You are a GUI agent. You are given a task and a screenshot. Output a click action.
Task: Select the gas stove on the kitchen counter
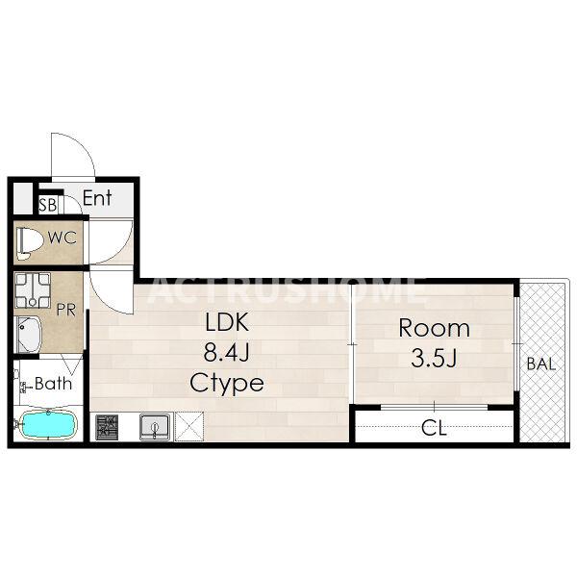[107, 427]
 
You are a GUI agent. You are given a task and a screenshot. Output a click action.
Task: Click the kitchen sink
[156, 427]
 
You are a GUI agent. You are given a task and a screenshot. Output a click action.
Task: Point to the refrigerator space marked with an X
[189, 426]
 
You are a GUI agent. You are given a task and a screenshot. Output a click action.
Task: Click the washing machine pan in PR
[33, 290]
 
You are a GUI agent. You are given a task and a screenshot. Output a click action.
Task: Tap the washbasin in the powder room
[28, 335]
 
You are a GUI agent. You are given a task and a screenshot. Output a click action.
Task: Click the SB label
[48, 205]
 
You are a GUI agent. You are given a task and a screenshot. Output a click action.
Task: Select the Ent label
[97, 198]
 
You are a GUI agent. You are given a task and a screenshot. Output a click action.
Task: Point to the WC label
[63, 238]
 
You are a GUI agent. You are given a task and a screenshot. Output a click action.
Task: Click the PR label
[66, 310]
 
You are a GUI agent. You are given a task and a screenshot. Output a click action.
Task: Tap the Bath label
[53, 384]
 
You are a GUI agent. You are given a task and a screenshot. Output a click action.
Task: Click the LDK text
[227, 322]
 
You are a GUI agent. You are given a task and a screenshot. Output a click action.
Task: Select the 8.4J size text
[227, 352]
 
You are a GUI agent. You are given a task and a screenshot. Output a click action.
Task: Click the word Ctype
[227, 384]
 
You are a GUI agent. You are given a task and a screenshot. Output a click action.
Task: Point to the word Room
[435, 328]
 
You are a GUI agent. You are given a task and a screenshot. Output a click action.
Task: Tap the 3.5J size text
[435, 358]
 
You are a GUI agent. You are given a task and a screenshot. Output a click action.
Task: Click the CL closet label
[435, 429]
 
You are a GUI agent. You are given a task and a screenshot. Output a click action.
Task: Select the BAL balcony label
[540, 364]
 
